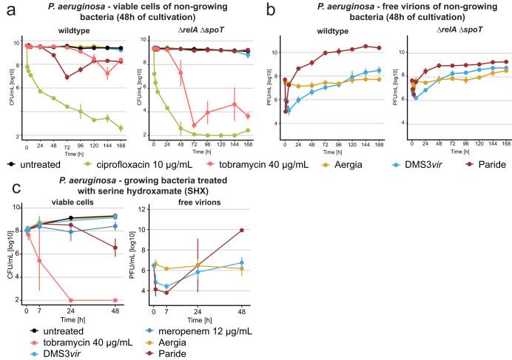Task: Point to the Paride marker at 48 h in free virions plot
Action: pos(242,230)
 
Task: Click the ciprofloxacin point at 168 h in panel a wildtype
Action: pos(121,128)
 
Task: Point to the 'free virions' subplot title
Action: pos(192,201)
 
